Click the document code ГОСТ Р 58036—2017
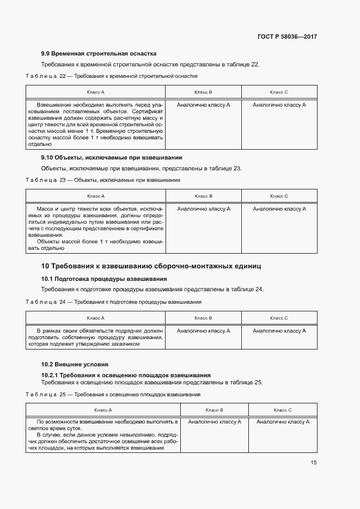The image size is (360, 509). click(x=286, y=37)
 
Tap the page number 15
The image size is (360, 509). click(x=314, y=463)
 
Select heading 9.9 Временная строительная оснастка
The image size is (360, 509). click(x=99, y=53)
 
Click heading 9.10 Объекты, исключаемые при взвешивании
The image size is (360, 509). click(x=112, y=158)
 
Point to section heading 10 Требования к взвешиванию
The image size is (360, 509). click(x=151, y=266)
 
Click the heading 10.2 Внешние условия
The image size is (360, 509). click(x=75, y=364)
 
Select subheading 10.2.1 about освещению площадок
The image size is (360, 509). click(x=126, y=375)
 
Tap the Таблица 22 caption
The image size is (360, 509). click(x=112, y=76)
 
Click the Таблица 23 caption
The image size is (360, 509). click(x=103, y=180)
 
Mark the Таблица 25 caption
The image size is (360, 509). click(x=113, y=394)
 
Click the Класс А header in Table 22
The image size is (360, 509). click(x=95, y=93)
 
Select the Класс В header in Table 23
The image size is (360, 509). click(x=203, y=196)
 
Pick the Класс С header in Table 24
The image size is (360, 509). click(x=279, y=318)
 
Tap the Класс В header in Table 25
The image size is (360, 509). click(x=214, y=410)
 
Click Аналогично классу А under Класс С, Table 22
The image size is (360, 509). click(x=279, y=105)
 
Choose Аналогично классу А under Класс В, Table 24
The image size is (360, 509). click(x=204, y=330)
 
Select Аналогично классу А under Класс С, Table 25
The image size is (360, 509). click(x=283, y=421)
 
